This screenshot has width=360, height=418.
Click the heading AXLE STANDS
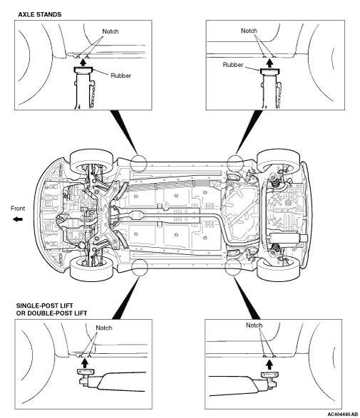pos(40,14)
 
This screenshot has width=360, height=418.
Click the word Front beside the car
pos(18,208)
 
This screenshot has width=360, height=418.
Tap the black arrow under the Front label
pos(18,219)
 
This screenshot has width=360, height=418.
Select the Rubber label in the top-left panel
pos(121,75)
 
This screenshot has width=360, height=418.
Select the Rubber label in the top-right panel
pos(233,65)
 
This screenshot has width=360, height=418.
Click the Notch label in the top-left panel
pos(110,31)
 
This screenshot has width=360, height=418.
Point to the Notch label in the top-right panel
pos(250,31)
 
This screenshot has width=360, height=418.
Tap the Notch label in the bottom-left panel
pos(104,328)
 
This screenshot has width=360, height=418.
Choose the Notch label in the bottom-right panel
pos(254,325)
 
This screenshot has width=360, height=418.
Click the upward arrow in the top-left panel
pos(83,62)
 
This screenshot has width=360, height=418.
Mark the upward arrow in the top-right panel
pos(270,63)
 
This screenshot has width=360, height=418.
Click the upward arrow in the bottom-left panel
pos(85,363)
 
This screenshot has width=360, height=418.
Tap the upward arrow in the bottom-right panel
pos(269,365)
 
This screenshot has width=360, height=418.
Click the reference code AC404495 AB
pos(342,414)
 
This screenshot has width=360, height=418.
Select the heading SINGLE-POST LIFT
pos(45,305)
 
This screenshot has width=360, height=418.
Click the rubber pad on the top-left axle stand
pos(83,70)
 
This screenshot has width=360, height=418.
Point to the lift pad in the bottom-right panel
pos(269,375)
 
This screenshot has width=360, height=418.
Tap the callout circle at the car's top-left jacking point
pos(138,163)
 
